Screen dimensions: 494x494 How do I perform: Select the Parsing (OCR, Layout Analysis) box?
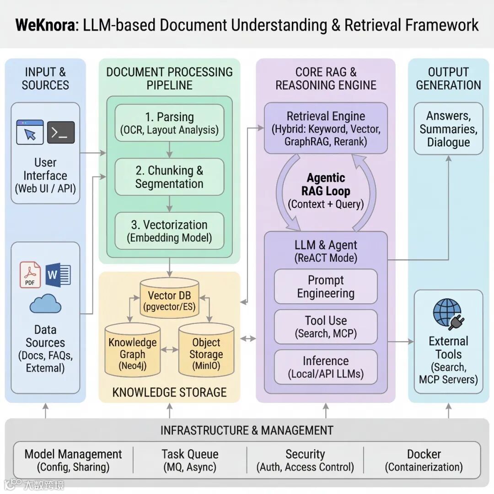(x=170, y=123)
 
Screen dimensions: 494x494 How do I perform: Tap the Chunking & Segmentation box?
(x=170, y=177)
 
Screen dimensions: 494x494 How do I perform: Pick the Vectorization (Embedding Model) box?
(x=170, y=231)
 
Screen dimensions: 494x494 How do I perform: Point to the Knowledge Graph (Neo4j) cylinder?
(x=133, y=350)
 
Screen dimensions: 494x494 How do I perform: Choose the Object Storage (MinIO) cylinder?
(x=206, y=350)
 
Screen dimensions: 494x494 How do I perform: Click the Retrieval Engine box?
(x=326, y=128)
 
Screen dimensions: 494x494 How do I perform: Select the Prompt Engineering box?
(x=326, y=287)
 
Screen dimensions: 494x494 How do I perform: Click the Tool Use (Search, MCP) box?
(x=326, y=327)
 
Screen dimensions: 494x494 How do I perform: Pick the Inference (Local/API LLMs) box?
(x=326, y=367)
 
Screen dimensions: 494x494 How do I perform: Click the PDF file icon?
(x=31, y=275)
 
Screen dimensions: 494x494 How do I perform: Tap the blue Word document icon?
(x=58, y=275)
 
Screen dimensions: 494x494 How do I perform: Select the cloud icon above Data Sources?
(x=45, y=304)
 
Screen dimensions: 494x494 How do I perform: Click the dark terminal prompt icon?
(x=61, y=133)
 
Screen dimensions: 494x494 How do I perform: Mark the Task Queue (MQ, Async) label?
(x=190, y=460)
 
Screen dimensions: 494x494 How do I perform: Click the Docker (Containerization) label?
(x=424, y=460)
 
